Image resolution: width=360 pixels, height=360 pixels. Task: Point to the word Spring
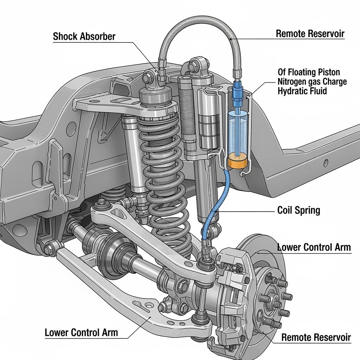pyautogui.click(x=307, y=211)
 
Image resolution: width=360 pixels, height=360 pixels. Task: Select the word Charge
pyautogui.click(x=333, y=82)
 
